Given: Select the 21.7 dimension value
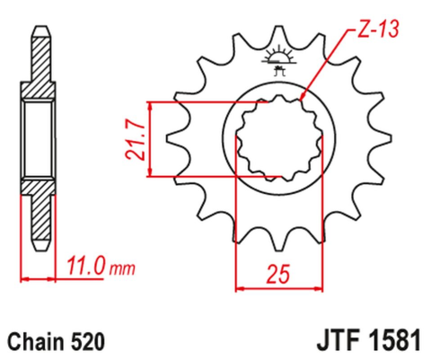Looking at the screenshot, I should pyautogui.click(x=134, y=140).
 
